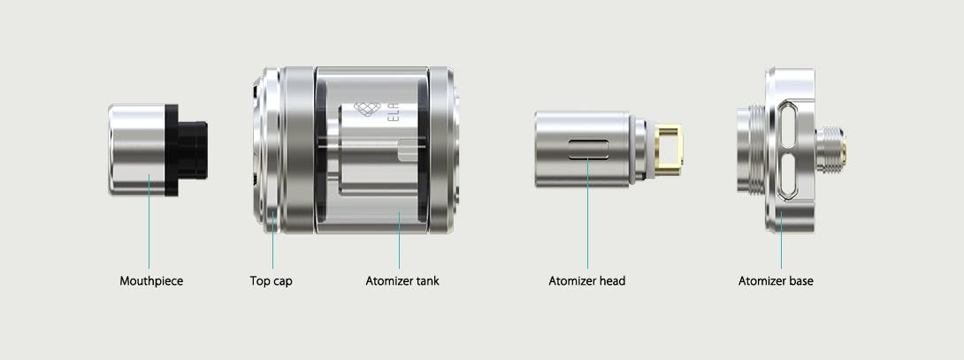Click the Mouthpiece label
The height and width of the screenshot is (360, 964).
[151, 281]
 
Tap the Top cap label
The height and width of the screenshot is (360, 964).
[272, 281]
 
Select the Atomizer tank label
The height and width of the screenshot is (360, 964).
[402, 281]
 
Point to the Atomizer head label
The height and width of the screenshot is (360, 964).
[587, 281]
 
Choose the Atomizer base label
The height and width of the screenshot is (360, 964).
[776, 281]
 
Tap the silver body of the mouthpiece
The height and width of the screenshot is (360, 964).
[137, 150]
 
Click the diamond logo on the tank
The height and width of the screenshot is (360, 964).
[368, 110]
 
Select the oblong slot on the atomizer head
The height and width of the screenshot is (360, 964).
[588, 149]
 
